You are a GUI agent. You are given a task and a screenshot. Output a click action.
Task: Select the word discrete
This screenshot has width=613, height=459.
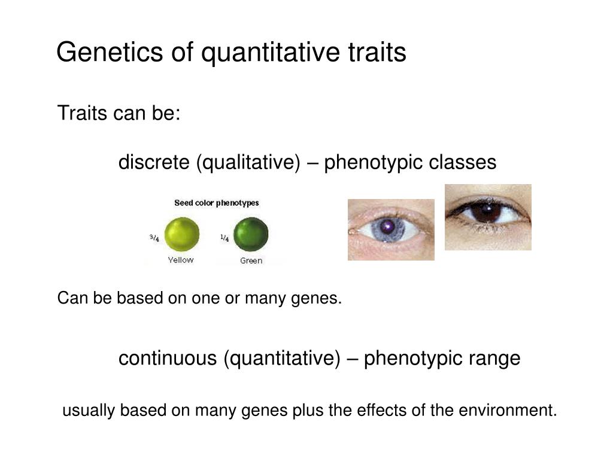[154, 161]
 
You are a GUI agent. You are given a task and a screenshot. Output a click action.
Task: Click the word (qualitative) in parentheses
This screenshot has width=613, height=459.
[248, 163]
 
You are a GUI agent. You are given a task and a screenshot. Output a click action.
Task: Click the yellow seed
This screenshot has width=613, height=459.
[182, 234]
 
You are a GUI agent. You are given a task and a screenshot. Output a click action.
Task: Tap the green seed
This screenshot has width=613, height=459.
[251, 234]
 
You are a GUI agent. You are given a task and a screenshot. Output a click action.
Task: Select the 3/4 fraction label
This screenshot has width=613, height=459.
[154, 237]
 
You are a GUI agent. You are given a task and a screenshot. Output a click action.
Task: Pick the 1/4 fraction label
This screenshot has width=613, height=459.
[224, 237]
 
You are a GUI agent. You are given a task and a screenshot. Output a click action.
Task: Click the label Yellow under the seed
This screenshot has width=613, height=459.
[181, 260]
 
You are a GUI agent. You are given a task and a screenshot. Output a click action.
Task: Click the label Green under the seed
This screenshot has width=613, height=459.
[251, 261]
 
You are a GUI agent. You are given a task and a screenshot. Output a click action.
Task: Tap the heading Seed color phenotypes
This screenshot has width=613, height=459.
[217, 203]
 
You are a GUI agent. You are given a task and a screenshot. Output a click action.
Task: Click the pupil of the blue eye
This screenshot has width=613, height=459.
[388, 226]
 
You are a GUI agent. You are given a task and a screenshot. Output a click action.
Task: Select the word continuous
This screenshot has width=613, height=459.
[168, 357]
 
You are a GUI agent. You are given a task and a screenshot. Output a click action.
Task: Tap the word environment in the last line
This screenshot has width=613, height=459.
[508, 410]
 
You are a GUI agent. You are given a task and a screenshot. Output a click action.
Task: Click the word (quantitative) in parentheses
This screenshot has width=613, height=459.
[282, 359]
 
